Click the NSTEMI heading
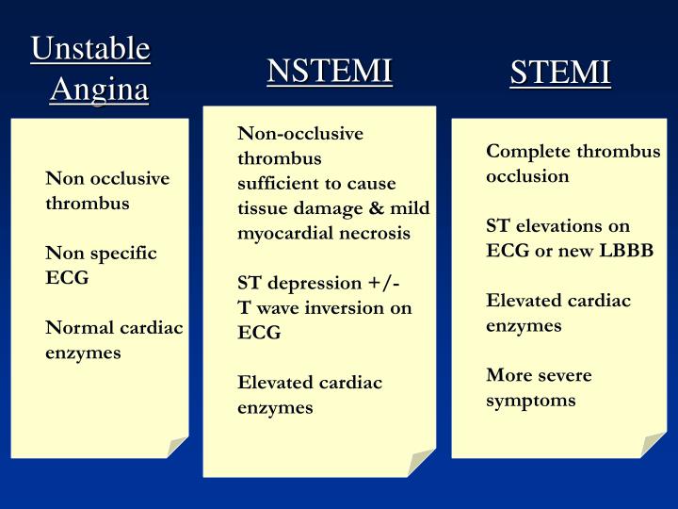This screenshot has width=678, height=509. tap(329, 71)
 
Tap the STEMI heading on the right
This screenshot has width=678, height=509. tap(560, 72)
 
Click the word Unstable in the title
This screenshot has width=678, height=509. tap(90, 49)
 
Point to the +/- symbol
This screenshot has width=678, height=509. tap(390, 283)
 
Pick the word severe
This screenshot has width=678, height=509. tap(564, 375)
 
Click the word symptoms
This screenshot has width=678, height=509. tap(530, 400)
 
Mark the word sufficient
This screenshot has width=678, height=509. tap(276, 183)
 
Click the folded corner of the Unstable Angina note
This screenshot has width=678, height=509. tap(177, 446)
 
